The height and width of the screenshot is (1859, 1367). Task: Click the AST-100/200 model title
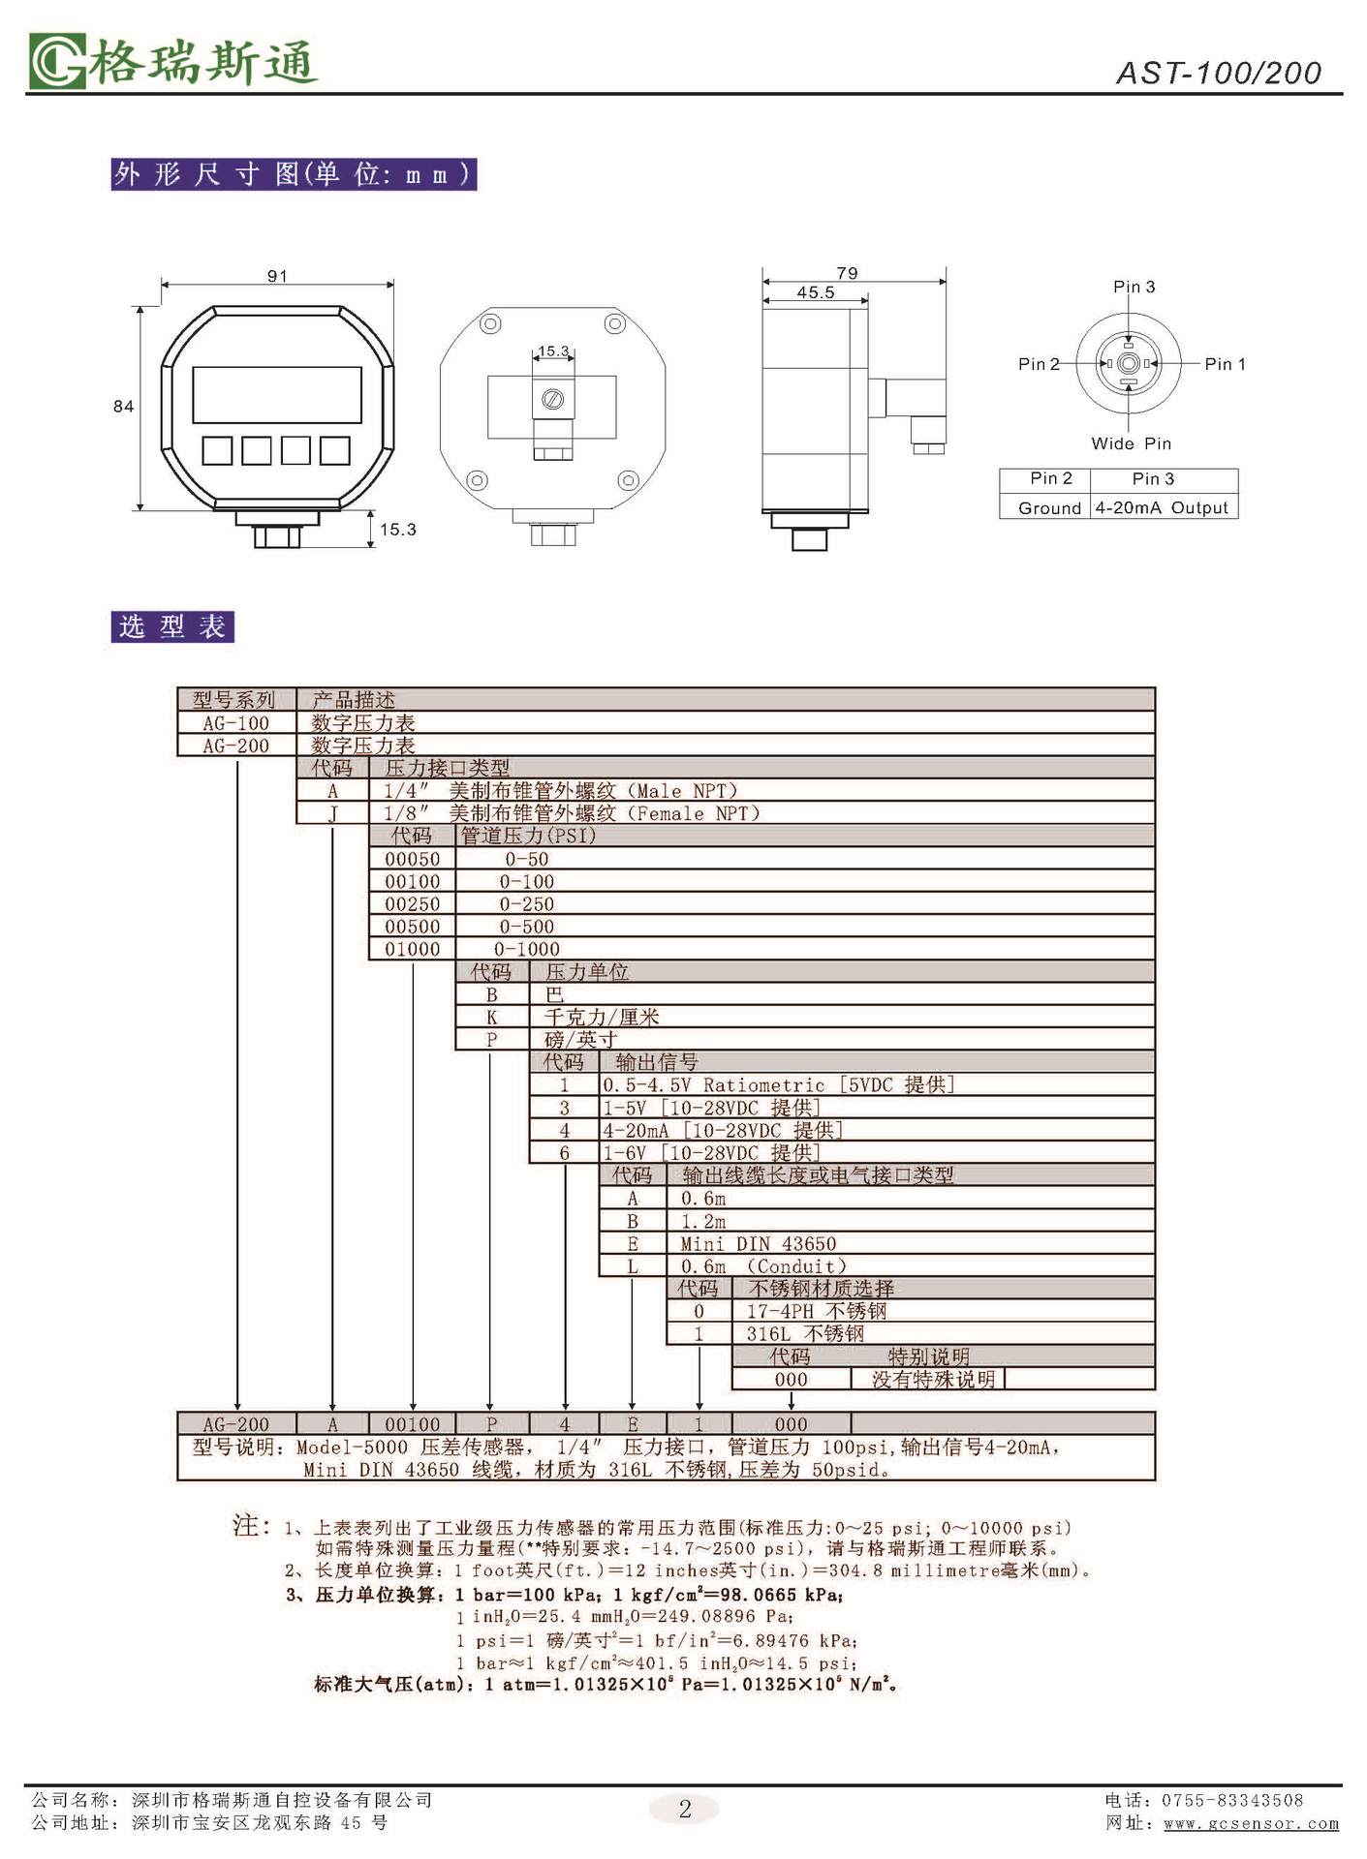(1218, 74)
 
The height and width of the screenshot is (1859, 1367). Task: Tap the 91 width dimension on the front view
(277, 276)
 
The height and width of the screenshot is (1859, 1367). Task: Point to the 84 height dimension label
(123, 407)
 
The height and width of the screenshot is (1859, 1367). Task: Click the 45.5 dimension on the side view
(815, 292)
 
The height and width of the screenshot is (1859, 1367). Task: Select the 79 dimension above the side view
(847, 274)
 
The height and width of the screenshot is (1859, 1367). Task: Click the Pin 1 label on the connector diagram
(1225, 364)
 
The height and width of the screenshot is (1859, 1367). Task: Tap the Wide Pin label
(1131, 443)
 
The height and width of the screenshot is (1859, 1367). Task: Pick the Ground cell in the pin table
(1048, 507)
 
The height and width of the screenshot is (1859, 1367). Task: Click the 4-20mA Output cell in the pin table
(1162, 507)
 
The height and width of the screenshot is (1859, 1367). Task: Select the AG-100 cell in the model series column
(235, 723)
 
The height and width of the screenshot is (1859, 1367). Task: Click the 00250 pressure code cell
(412, 904)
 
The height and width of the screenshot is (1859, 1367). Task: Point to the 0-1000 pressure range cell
(527, 950)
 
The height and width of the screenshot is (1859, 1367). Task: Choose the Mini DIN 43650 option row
(758, 1244)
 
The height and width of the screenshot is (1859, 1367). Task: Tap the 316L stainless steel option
(804, 1334)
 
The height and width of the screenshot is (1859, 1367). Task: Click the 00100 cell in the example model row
(412, 1424)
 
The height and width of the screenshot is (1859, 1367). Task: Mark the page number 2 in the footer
(685, 1809)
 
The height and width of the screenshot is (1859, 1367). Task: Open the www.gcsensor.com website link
(1251, 1824)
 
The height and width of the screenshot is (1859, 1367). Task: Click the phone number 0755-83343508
(1232, 1800)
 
